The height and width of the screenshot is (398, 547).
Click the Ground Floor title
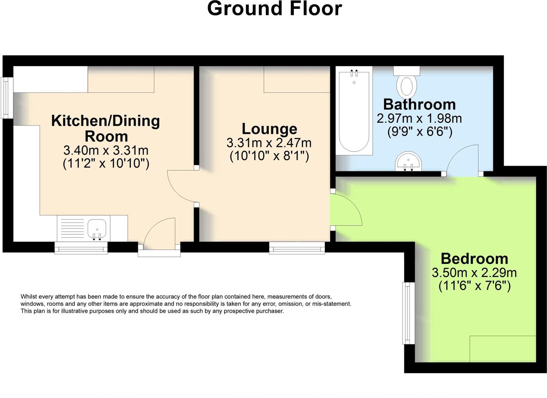[x=274, y=9]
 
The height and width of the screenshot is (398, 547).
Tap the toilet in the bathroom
[x=407, y=84]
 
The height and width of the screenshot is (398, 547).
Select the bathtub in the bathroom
[x=354, y=111]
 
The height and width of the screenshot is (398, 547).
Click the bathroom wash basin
[x=408, y=162]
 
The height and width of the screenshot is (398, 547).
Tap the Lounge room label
[x=269, y=129]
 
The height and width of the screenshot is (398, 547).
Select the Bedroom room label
[x=474, y=259]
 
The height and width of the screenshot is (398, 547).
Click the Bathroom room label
[x=419, y=105]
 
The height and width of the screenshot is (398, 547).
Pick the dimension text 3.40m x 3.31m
[x=106, y=150]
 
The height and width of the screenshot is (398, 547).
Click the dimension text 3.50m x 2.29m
[x=474, y=273]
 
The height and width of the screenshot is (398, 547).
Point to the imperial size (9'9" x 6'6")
[x=419, y=132]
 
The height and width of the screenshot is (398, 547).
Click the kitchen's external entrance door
[x=159, y=236]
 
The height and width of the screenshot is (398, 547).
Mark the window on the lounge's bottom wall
[x=297, y=248]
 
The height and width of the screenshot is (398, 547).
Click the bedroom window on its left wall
[x=408, y=313]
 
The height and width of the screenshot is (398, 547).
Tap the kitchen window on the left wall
[x=7, y=98]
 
